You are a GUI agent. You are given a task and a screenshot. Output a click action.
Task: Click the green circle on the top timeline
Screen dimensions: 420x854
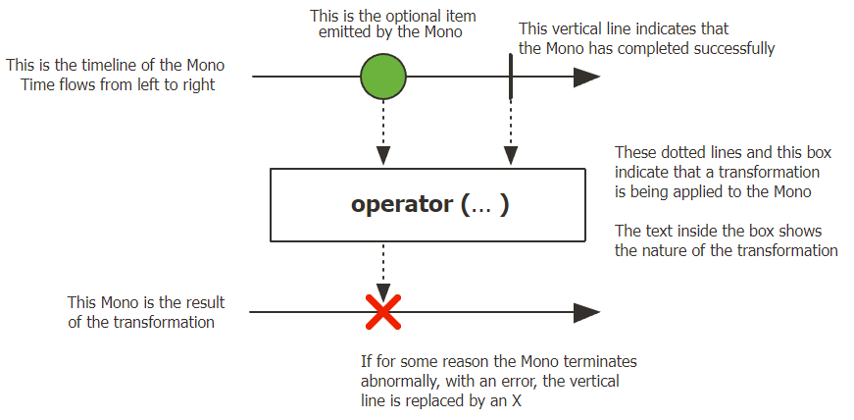[383, 76]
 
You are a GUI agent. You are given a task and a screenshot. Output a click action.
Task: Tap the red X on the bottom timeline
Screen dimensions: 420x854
[383, 313]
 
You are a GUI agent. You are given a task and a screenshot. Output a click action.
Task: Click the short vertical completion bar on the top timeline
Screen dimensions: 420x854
[510, 76]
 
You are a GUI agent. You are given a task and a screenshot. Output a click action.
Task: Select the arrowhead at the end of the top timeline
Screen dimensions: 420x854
[586, 76]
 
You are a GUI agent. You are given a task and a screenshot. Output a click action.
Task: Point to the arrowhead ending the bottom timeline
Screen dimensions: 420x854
[586, 313]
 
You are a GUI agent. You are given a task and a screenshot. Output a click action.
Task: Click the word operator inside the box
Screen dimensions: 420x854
[399, 205]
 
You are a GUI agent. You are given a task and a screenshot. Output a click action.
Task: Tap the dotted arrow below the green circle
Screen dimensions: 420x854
[383, 132]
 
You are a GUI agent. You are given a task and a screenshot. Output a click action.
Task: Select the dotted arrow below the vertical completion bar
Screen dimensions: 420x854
[510, 132]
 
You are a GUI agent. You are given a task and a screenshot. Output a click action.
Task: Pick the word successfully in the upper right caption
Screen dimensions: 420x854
[736, 47]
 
